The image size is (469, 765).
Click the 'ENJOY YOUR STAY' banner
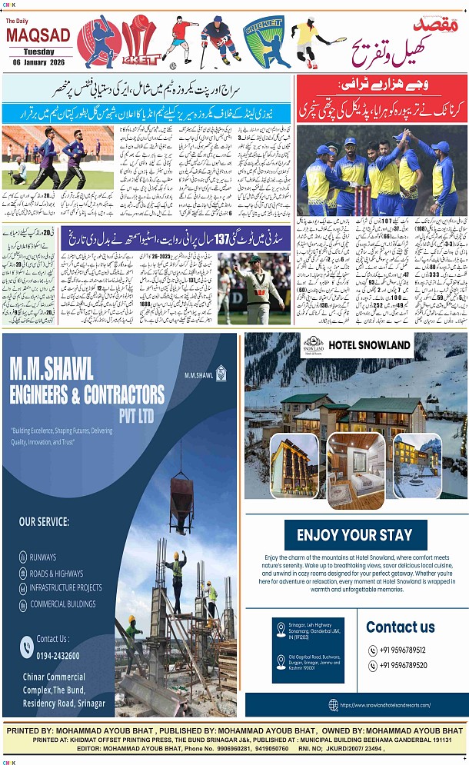tap(354, 534)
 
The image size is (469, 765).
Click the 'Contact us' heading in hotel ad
tap(400, 627)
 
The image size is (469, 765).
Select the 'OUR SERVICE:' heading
tap(44, 521)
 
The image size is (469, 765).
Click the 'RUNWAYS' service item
tap(43, 557)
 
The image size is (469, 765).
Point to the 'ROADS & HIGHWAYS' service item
tap(56, 573)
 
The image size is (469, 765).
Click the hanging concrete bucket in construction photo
tap(181, 493)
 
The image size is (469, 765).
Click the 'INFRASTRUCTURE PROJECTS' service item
tap(65, 588)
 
